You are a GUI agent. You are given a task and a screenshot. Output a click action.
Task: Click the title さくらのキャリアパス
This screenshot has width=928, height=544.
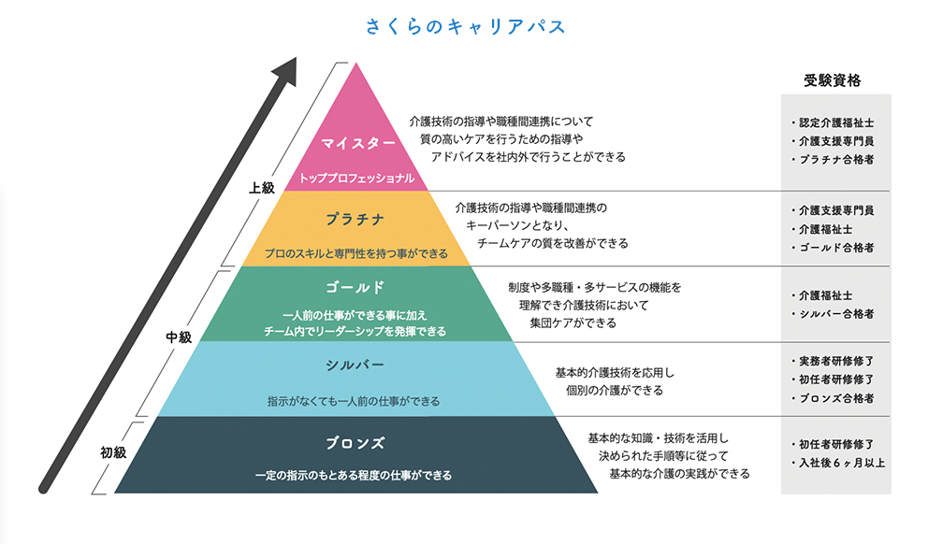point(465,26)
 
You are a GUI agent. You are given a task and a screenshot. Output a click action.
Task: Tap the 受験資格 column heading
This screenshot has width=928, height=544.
point(833,80)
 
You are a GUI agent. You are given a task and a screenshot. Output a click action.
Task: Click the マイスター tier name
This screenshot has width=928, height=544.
point(358,143)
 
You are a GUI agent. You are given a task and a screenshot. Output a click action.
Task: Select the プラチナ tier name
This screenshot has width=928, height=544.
point(355,220)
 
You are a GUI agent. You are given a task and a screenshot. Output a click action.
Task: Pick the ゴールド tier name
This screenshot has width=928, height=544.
point(355,287)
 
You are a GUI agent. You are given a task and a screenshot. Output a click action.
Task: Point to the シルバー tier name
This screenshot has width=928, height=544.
point(355,365)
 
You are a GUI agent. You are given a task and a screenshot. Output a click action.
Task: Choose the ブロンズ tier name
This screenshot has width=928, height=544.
point(355,443)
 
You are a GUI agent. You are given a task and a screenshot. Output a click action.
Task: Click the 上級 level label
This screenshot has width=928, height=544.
point(262,188)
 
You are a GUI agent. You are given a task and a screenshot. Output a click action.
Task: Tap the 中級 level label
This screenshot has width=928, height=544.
point(179,337)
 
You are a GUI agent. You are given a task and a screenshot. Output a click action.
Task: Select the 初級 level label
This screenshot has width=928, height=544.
point(113,452)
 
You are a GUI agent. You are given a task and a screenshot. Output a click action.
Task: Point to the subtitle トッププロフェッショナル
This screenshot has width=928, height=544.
point(356,178)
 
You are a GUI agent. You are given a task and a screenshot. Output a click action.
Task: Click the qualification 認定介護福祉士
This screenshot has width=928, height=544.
point(836,123)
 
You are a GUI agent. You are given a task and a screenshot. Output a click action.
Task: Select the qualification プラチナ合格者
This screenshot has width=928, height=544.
point(836,160)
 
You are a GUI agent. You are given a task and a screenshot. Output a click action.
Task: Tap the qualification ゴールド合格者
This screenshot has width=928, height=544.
point(836,248)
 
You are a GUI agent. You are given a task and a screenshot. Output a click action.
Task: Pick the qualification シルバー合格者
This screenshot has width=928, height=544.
point(836,314)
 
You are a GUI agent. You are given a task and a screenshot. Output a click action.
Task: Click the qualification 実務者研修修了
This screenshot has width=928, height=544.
point(836,361)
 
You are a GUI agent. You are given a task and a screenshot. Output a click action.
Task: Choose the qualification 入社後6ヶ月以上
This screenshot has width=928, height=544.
point(842,463)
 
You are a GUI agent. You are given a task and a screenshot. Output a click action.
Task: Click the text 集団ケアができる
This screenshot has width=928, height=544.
point(573,322)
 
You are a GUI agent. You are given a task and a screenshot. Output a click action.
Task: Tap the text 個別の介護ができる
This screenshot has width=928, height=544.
point(615,391)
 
